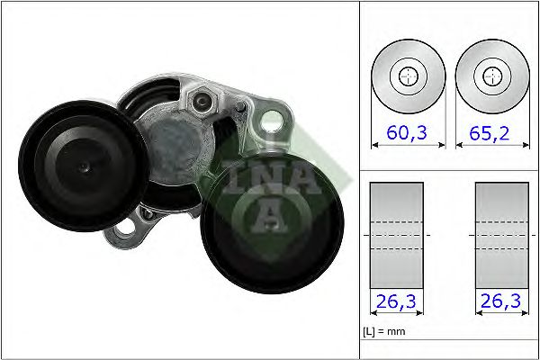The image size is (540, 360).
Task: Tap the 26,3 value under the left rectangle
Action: pyautogui.click(x=396, y=301)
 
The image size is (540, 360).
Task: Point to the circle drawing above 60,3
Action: pyautogui.click(x=407, y=76)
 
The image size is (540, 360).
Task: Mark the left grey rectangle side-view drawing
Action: pyautogui.click(x=396, y=236)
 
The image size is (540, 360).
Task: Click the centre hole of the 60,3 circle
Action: pyautogui.click(x=407, y=76)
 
